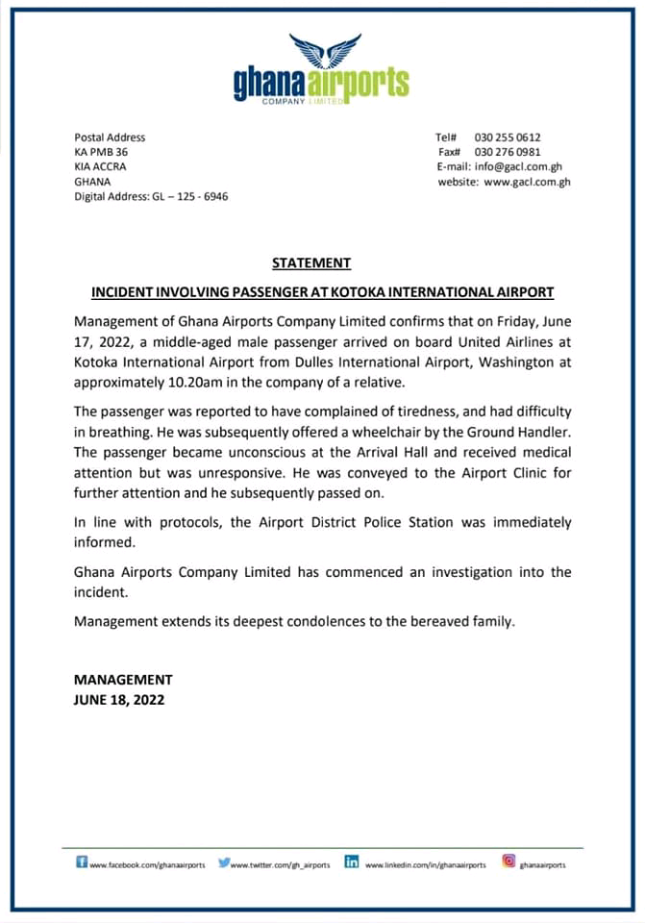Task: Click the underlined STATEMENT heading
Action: [x=311, y=262]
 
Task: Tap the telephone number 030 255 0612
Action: [x=508, y=137]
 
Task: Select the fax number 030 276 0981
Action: [x=508, y=152]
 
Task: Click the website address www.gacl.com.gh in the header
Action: [x=527, y=181]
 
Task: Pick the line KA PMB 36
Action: [x=101, y=152]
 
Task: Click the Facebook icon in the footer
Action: [x=82, y=862]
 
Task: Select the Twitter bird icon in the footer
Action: [x=224, y=863]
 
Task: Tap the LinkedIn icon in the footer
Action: [x=352, y=862]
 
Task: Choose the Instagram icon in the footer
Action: [x=509, y=862]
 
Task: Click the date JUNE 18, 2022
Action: [x=119, y=700]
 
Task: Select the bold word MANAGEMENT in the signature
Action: [x=123, y=679]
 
